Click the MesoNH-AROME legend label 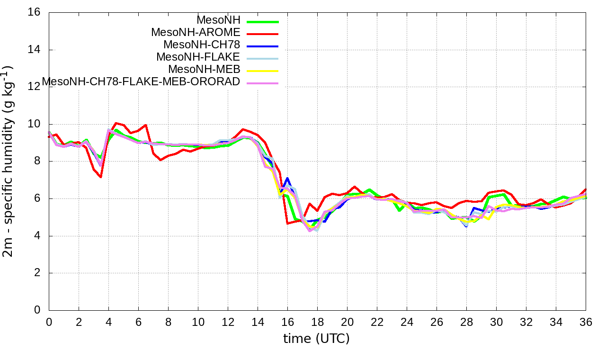(x=196, y=32)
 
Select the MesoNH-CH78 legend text (x=202, y=45)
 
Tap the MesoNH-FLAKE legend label (x=198, y=57)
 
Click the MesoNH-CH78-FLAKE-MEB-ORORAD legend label (x=141, y=81)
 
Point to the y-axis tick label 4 (x=38, y=236)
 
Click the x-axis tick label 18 (x=317, y=322)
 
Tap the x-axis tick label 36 (x=586, y=322)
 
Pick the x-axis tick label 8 (x=168, y=322)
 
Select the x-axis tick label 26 (x=437, y=322)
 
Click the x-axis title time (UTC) (x=317, y=339)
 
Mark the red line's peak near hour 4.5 (x=116, y=123)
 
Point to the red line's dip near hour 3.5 (x=101, y=177)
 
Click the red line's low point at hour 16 (x=287, y=223)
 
